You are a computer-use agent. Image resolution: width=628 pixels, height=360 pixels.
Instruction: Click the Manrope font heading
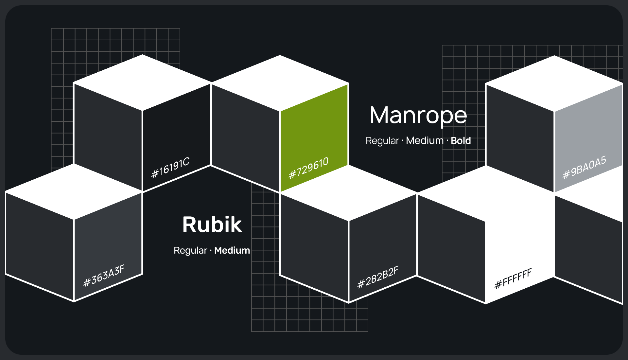(x=418, y=115)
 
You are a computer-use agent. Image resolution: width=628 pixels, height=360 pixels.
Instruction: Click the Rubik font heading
(x=212, y=225)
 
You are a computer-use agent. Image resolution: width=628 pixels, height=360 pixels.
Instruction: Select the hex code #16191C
(x=170, y=168)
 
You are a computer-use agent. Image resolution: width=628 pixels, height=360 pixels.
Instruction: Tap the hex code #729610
(x=308, y=168)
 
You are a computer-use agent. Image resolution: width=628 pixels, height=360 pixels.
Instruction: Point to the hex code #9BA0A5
(x=584, y=167)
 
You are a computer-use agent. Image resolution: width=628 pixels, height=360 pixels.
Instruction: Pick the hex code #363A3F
(x=104, y=276)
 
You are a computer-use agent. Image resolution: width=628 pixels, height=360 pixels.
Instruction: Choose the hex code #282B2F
(x=378, y=277)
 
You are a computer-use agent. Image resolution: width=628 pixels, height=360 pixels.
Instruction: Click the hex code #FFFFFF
(x=513, y=279)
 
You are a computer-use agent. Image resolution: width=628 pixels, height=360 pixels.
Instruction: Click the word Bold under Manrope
(x=461, y=141)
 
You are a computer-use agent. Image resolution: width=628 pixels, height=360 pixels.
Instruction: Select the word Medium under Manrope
(x=425, y=141)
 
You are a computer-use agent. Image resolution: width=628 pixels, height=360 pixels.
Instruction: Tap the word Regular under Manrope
(x=382, y=141)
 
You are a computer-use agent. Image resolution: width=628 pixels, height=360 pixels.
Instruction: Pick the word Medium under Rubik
(x=232, y=250)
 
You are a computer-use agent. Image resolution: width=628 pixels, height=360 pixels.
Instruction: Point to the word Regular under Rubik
(x=190, y=250)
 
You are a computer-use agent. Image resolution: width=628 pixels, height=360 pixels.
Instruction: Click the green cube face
(x=314, y=131)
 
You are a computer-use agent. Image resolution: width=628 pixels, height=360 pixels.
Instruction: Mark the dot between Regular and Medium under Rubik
(x=211, y=250)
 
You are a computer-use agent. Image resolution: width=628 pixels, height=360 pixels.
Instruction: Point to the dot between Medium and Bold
(x=447, y=141)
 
